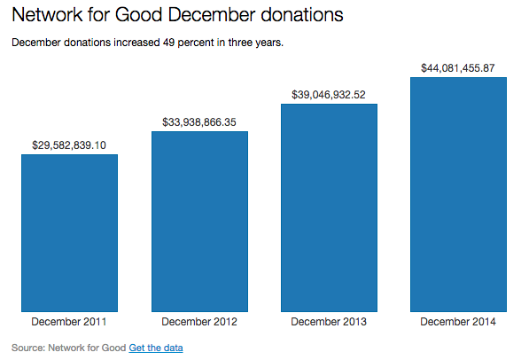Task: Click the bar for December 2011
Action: (70, 233)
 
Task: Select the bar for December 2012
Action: (199, 222)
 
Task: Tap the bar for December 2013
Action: (329, 207)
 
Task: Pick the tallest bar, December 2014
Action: (458, 194)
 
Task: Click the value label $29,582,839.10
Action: (70, 144)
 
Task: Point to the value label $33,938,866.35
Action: (199, 121)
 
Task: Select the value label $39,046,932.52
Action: (329, 93)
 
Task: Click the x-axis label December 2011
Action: (70, 321)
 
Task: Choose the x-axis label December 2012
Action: (199, 321)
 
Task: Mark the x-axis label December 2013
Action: (329, 321)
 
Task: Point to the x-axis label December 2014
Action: (458, 321)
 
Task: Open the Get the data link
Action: (156, 347)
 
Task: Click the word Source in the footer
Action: (27, 347)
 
